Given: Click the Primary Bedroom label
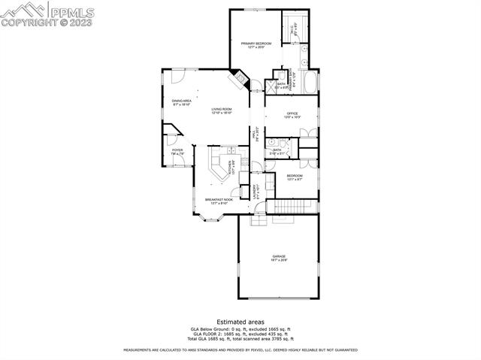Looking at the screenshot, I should click(256, 45).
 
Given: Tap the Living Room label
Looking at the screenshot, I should click(221, 111).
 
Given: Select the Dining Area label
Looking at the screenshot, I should click(181, 102).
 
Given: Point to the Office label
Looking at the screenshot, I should click(292, 115).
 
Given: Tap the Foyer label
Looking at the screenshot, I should click(177, 152).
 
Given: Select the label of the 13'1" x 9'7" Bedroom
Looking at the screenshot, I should click(294, 177).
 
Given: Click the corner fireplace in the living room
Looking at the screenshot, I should click(239, 78).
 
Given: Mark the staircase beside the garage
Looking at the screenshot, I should click(294, 206).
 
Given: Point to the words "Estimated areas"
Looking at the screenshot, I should click(240, 322).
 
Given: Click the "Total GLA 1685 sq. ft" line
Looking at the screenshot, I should click(240, 340).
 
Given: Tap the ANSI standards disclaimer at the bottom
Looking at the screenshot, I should click(240, 350).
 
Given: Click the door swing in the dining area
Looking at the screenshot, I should click(177, 75).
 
